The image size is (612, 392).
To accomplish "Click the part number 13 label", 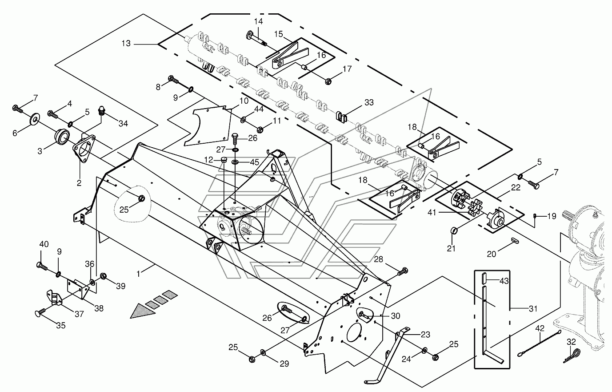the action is pyautogui.click(x=126, y=44).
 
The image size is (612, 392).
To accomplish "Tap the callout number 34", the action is pyautogui.click(x=123, y=124).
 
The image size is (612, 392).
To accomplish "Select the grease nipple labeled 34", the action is pyautogui.click(x=102, y=111).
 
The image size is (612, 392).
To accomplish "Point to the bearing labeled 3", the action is pyautogui.click(x=62, y=136).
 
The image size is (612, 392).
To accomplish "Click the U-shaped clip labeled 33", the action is pyautogui.click(x=341, y=116).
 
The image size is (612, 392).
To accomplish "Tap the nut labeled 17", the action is pyautogui.click(x=328, y=81).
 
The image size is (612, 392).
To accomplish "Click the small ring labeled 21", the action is pyautogui.click(x=454, y=230).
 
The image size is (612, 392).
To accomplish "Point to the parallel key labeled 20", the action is pyautogui.click(x=515, y=240).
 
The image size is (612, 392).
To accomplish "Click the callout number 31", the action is pyautogui.click(x=533, y=309).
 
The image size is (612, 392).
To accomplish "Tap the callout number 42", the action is pyautogui.click(x=540, y=328).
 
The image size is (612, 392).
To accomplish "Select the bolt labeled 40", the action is pyautogui.click(x=42, y=266).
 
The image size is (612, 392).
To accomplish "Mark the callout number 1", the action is pyautogui.click(x=138, y=274).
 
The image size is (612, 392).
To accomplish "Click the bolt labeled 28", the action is pyautogui.click(x=403, y=271).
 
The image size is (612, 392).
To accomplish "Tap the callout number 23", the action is pyautogui.click(x=425, y=335).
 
